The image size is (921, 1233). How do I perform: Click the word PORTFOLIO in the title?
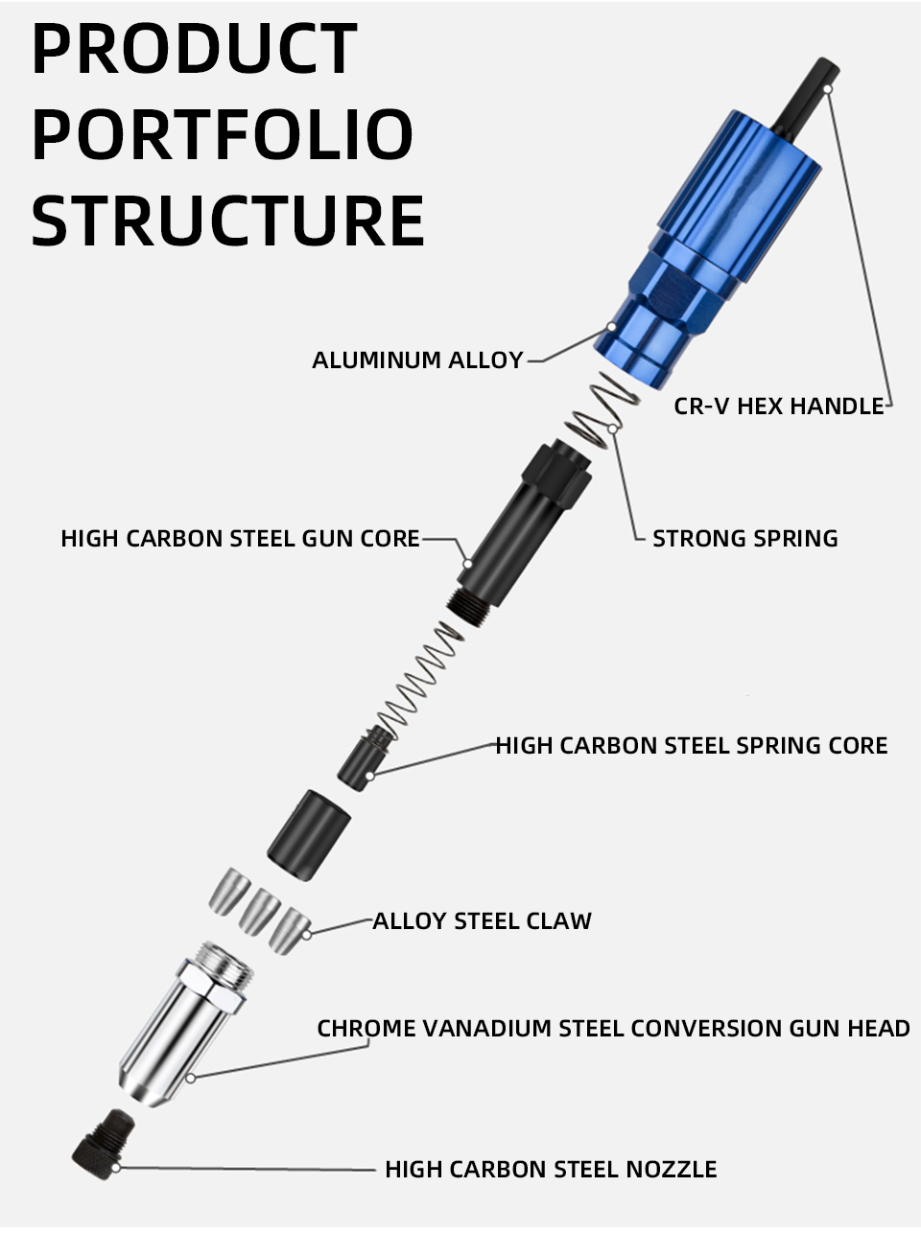point(223,135)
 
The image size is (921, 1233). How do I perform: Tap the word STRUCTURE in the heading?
point(228,221)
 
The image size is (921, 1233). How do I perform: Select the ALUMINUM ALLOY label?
point(417,361)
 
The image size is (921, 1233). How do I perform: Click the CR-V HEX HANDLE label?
point(778,406)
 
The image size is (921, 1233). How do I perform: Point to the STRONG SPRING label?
point(744,538)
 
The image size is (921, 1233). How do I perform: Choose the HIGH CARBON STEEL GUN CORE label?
point(240,538)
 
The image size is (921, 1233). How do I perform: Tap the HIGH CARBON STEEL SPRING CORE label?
point(691,745)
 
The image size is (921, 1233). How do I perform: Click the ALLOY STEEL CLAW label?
point(482,920)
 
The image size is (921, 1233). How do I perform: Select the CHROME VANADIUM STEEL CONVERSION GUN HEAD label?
point(613,1028)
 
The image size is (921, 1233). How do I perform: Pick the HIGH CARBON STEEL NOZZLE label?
point(551,1169)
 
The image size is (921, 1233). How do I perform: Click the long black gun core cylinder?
point(518,527)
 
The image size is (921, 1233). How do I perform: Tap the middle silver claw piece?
point(259,911)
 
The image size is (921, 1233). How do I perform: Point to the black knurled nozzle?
point(101,1141)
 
